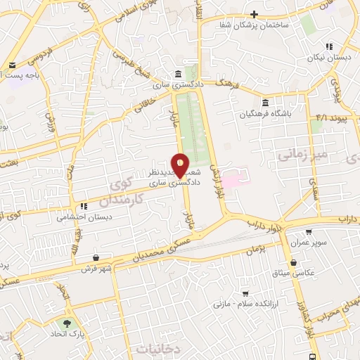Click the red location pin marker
(x=180, y=165)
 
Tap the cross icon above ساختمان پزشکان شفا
(x=255, y=14)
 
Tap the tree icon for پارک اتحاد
(x=67, y=324)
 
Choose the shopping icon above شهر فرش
(x=95, y=257)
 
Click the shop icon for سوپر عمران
(x=309, y=230)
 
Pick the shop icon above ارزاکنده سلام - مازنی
(x=245, y=292)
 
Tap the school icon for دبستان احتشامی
(x=84, y=207)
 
